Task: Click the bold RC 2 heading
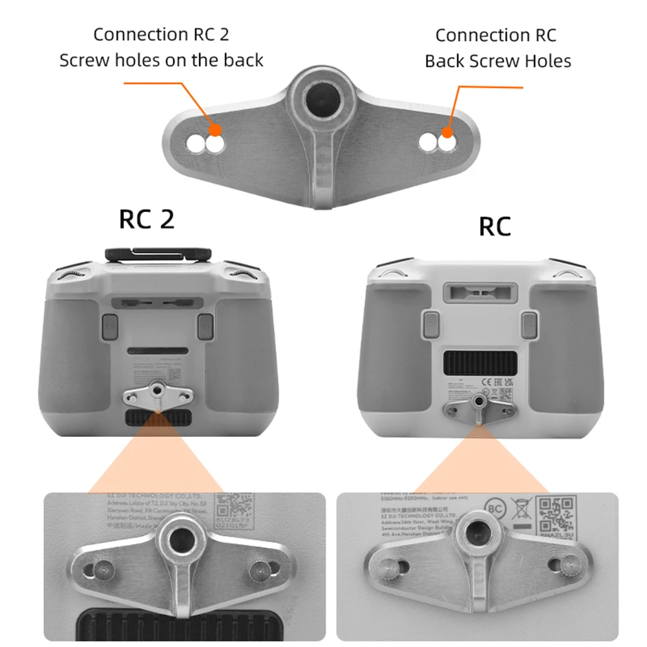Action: pos(147,220)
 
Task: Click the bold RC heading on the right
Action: pos(495,227)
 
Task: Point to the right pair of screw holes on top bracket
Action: pos(437,143)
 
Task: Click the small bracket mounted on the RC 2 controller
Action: pos(157,395)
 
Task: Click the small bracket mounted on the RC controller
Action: pos(478,405)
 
